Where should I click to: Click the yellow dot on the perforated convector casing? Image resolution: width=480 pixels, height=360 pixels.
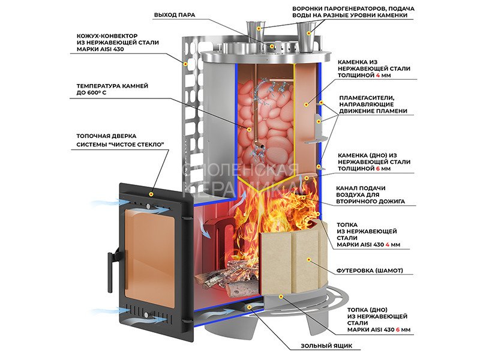185,63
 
